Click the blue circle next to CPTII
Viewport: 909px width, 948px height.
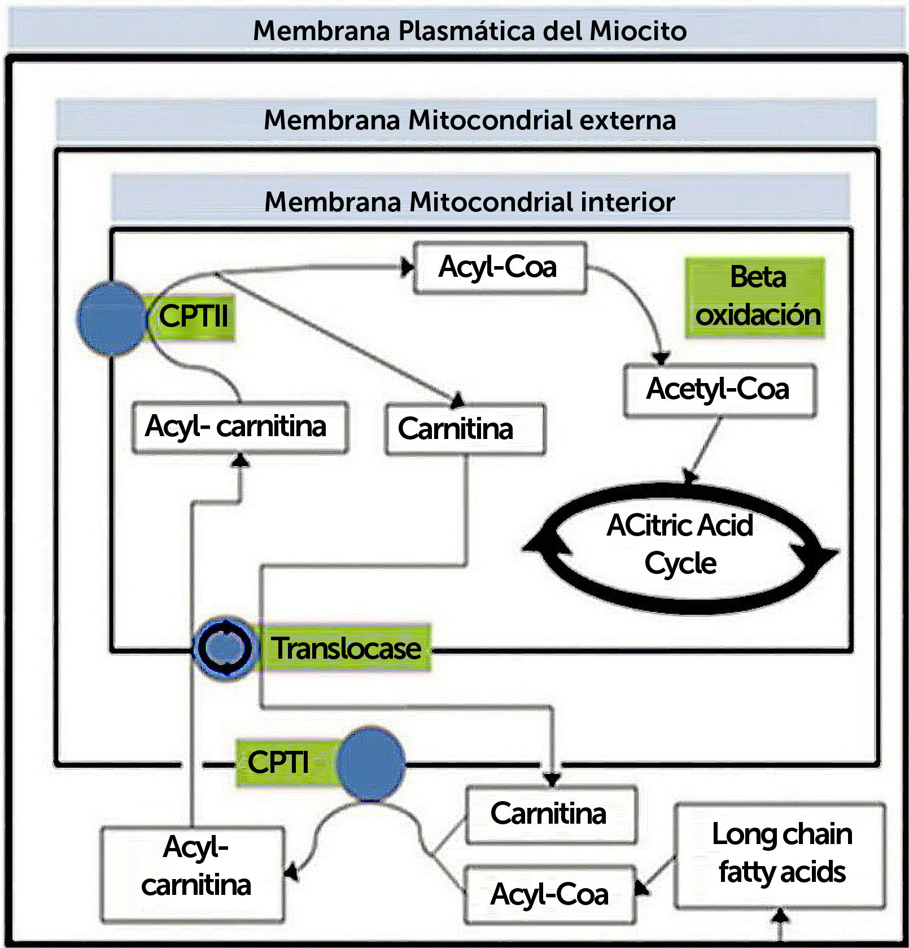pos(112,319)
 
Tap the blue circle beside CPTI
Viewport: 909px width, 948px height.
pos(370,763)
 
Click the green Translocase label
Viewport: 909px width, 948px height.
pos(346,648)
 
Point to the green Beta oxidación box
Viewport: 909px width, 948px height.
pos(755,298)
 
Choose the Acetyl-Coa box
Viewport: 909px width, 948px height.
pos(719,390)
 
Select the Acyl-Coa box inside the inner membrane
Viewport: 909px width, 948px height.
pos(500,268)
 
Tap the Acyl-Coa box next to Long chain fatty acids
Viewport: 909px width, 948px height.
pos(549,894)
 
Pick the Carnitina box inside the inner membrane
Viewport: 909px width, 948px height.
pos(464,429)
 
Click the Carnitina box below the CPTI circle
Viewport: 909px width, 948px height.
pos(550,814)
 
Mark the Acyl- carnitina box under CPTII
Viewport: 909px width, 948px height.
pos(239,427)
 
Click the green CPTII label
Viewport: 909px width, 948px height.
pos(193,316)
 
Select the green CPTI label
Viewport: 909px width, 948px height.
pos(278,763)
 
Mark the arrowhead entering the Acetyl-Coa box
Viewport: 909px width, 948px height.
pos(661,357)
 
